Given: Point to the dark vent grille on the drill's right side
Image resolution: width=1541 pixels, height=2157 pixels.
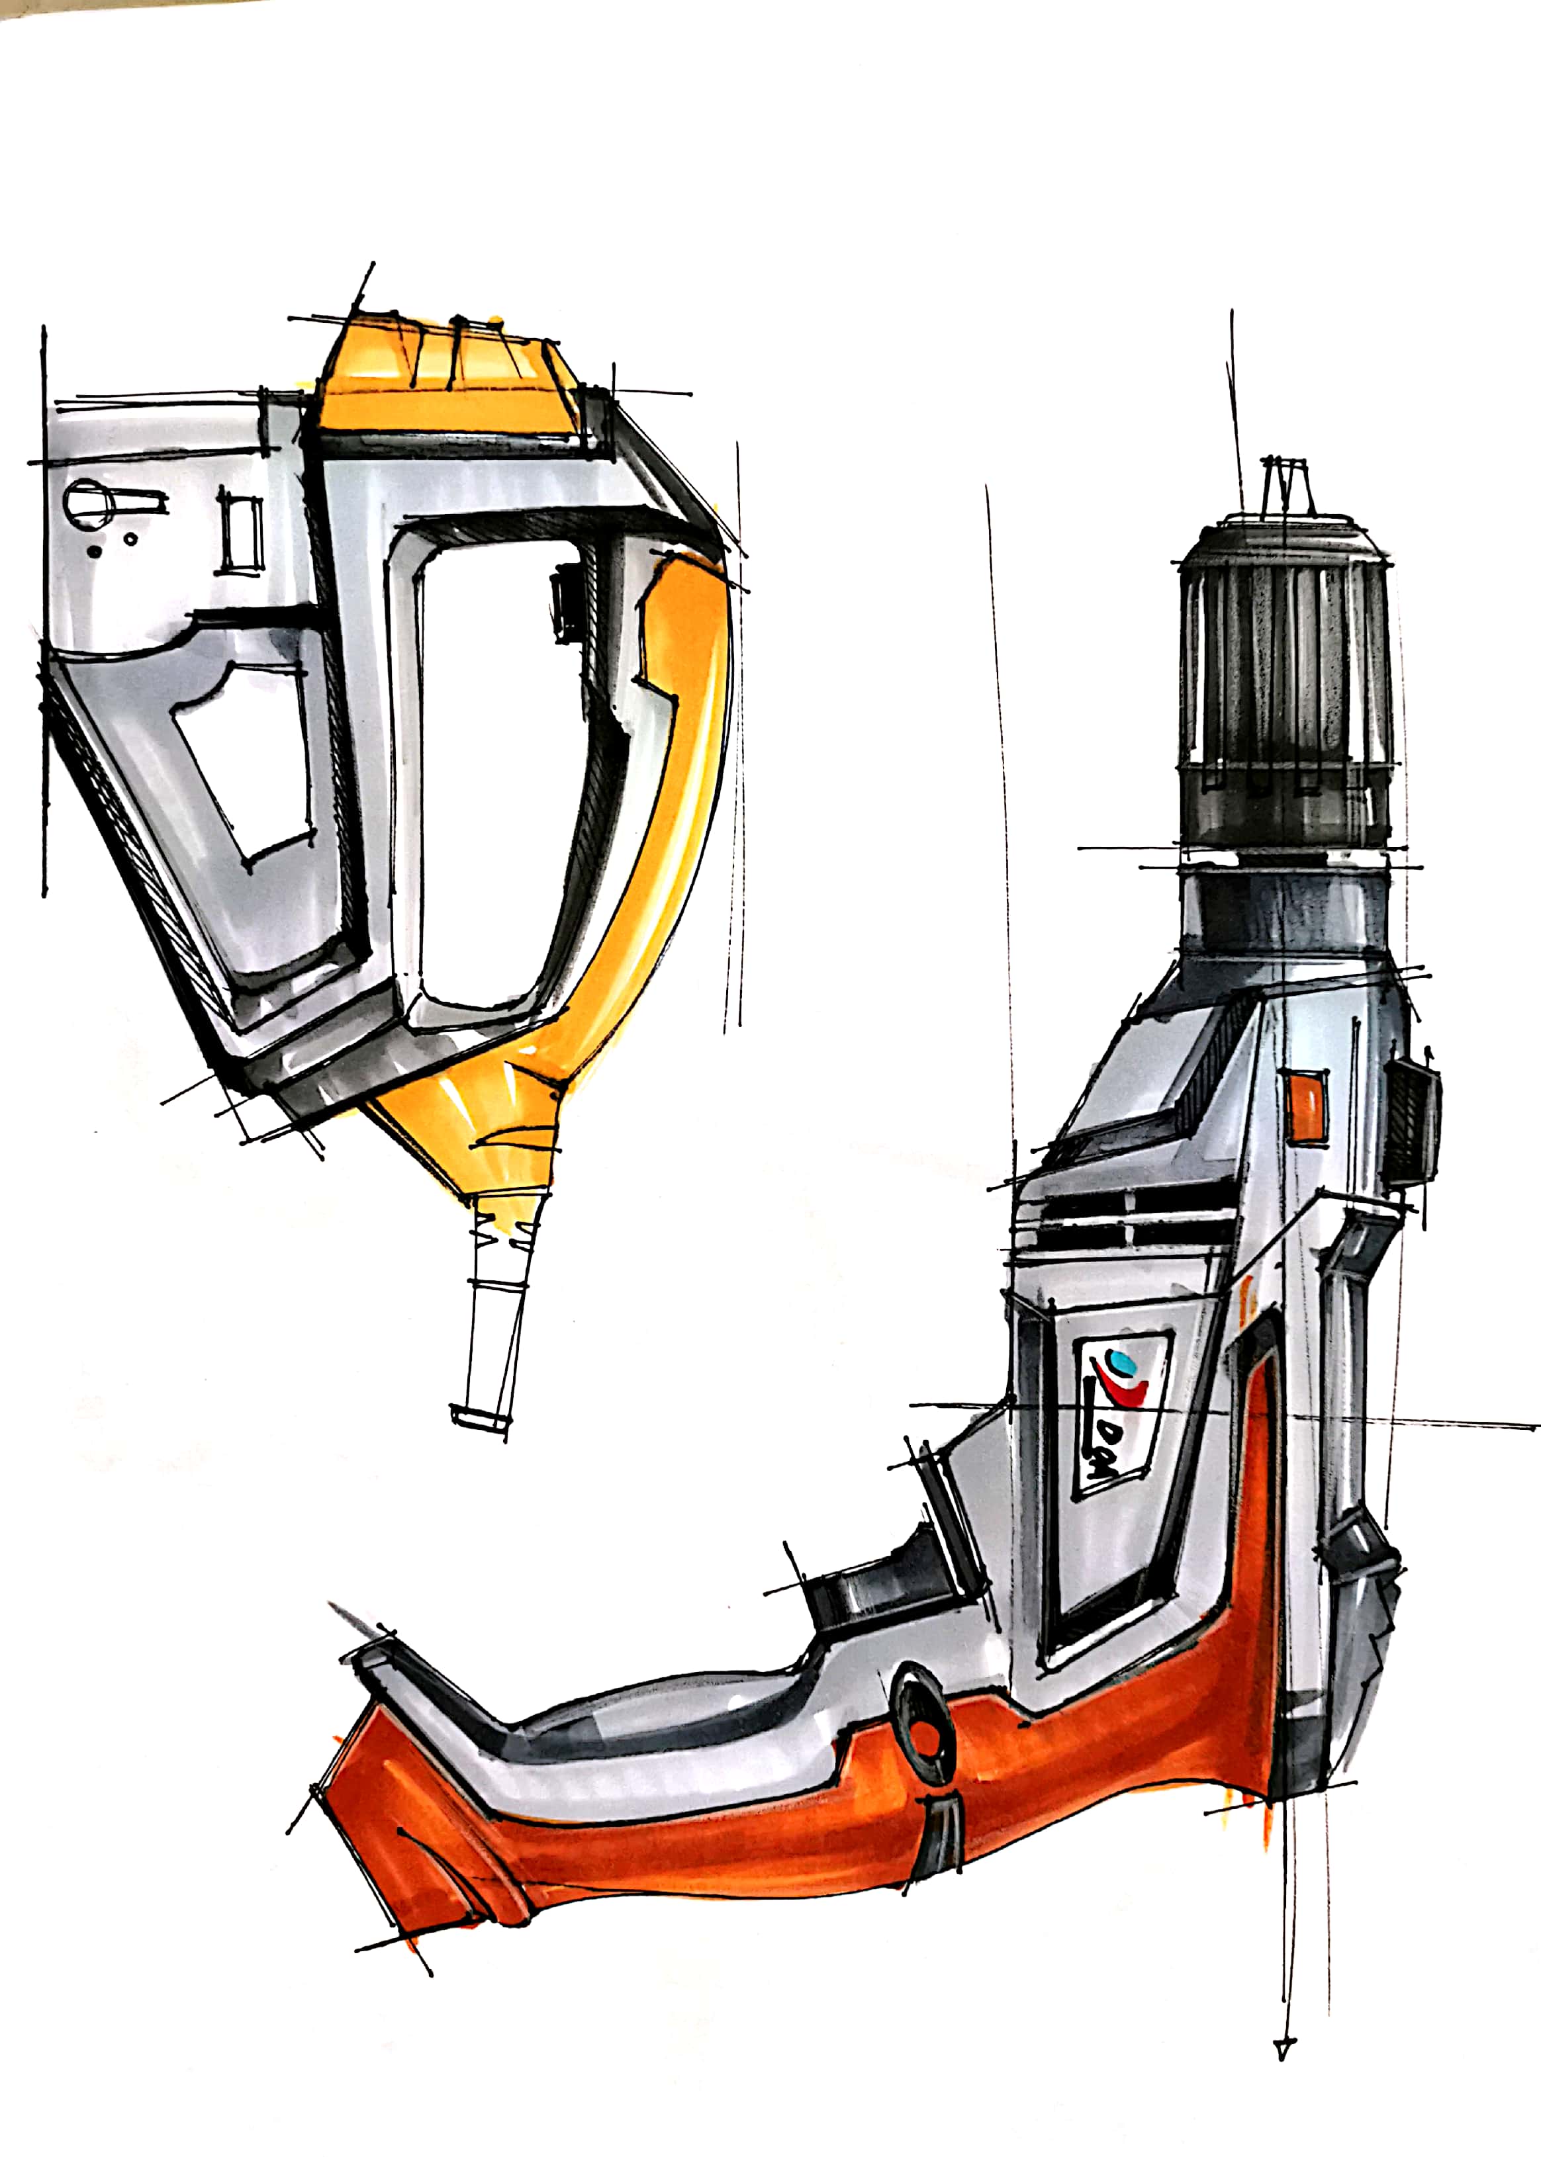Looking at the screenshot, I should (x=1411, y=1122).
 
